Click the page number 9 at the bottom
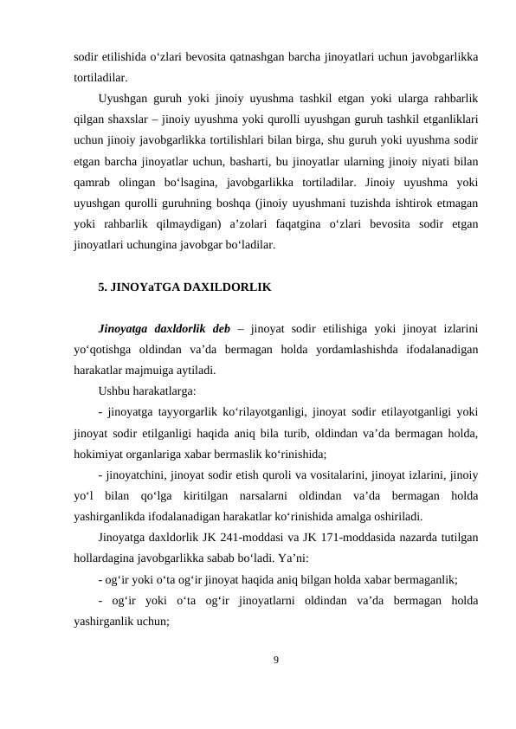click(276, 661)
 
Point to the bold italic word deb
click(222, 331)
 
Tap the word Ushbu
click(116, 391)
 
